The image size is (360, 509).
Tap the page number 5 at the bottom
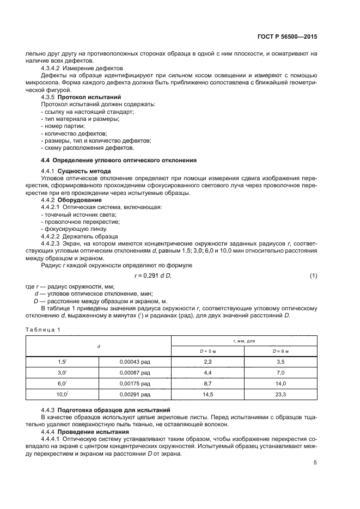pyautogui.click(x=315, y=463)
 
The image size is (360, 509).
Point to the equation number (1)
pyautogui.click(x=313, y=276)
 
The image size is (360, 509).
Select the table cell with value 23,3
pyautogui.click(x=280, y=394)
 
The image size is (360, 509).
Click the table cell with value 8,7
pyautogui.click(x=208, y=383)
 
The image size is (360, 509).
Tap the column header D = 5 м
pyautogui.click(x=208, y=351)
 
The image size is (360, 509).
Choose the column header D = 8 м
pyautogui.click(x=280, y=351)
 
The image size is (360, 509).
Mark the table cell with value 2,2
pyautogui.click(x=208, y=361)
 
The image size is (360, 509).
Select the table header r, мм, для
pyautogui.click(x=244, y=340)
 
